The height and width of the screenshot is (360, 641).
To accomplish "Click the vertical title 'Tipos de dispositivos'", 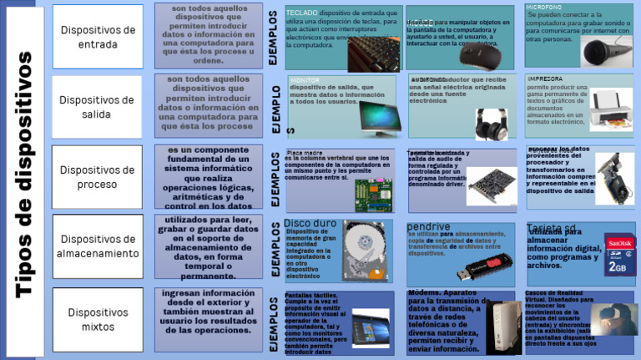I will (x=23, y=175).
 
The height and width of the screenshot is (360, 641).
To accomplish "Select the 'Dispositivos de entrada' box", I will (x=98, y=36).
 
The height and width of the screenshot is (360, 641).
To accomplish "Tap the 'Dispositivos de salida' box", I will (x=98, y=107).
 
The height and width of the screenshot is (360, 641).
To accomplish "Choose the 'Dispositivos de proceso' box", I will (x=98, y=177).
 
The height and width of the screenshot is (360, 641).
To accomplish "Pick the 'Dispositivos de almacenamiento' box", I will (x=98, y=246).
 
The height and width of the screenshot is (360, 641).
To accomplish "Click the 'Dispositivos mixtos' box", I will (x=98, y=318).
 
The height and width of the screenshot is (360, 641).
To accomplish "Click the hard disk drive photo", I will (x=366, y=250).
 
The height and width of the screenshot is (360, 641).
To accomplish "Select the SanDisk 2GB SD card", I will (x=619, y=254).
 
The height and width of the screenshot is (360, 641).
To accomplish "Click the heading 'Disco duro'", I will (x=310, y=224).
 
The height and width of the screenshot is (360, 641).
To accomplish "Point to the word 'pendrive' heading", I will (x=428, y=226).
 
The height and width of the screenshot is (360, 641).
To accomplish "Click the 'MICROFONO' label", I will (x=543, y=7).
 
